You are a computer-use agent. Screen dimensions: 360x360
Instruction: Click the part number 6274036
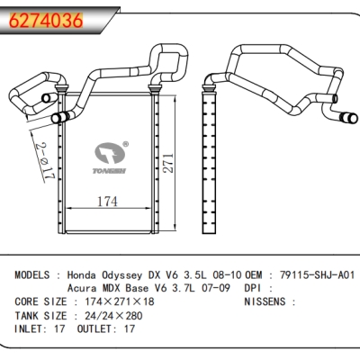[x=46, y=21]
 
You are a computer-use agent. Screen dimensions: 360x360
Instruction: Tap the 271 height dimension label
[x=169, y=163]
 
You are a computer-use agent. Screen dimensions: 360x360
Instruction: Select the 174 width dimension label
[x=107, y=202]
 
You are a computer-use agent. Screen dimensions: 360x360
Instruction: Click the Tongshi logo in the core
[x=110, y=157]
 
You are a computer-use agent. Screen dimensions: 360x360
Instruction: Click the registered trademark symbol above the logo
[x=126, y=144]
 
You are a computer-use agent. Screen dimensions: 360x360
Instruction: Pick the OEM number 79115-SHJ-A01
[x=317, y=274]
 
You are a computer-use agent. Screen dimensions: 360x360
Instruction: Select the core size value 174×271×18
[x=120, y=301]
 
